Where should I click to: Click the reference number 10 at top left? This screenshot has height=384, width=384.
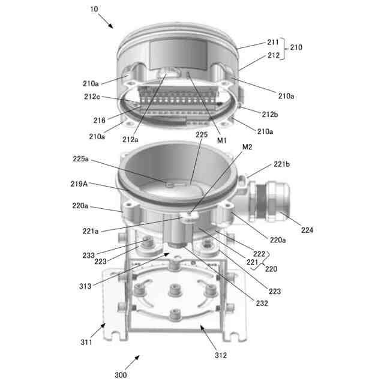coord(94,10)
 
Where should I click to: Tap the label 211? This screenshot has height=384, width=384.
coord(273,43)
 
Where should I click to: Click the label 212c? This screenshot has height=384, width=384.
coord(92,97)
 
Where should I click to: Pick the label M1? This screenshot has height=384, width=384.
coord(223,140)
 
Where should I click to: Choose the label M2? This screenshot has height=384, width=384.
coord(247,147)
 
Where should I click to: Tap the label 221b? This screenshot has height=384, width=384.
coord(283,163)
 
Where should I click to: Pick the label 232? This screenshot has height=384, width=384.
coord(262,303)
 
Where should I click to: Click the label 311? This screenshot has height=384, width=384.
coord(88,343)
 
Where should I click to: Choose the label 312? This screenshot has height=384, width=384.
coord(221,355)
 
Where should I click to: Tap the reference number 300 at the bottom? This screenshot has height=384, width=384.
coord(121,375)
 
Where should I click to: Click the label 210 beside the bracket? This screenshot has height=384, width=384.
coord(296,47)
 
